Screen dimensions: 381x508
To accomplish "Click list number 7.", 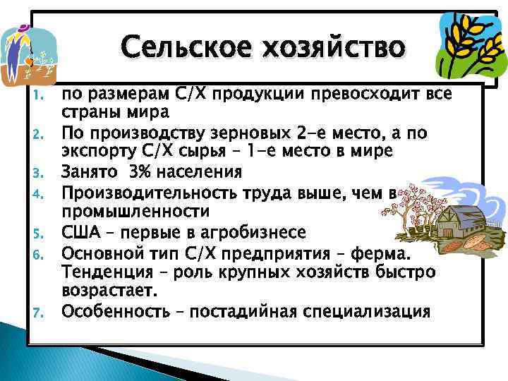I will pyautogui.click(x=40, y=312).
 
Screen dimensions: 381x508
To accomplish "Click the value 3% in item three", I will pyautogui.click(x=135, y=172).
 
